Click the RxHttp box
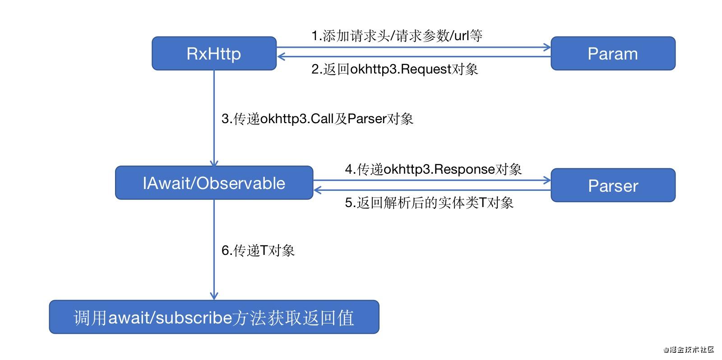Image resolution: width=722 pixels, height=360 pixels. point(214,54)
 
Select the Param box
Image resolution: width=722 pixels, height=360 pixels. point(612,54)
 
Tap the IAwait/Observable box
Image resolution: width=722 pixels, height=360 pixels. point(214,183)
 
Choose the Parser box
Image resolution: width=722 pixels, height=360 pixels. point(612,185)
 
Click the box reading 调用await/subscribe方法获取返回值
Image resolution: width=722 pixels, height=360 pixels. point(214,318)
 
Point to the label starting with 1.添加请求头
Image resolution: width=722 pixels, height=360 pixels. point(397,36)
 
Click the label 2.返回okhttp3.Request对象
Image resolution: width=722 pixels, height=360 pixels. point(394,69)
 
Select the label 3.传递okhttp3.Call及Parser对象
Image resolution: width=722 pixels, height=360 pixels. point(317,119)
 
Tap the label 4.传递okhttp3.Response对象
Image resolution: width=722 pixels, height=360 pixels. point(433,169)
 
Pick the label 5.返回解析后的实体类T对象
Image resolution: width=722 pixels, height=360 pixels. point(429,203)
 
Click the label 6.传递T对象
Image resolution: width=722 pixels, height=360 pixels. point(258,250)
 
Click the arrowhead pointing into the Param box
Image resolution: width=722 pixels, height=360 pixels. point(547,47)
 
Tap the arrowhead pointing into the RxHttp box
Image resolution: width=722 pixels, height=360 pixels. point(281,56)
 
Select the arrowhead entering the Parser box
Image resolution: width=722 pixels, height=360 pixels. point(547,180)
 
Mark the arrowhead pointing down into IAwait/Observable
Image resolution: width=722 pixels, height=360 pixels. point(214,163)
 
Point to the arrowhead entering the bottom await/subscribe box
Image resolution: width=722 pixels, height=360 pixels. point(214,296)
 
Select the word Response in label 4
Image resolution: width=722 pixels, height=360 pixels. point(465,169)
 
